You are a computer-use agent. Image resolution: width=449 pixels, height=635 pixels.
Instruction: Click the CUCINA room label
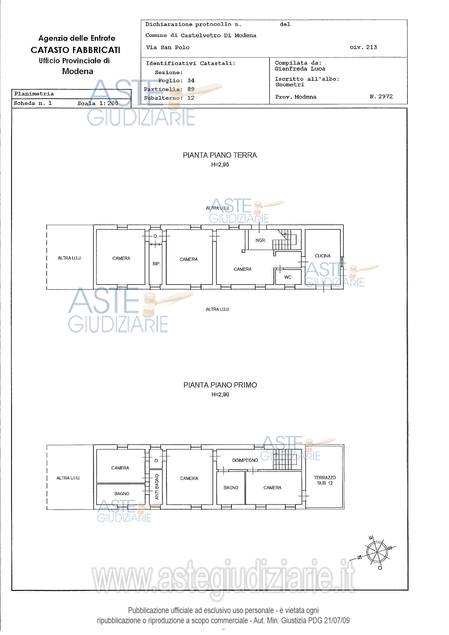coord(322,256)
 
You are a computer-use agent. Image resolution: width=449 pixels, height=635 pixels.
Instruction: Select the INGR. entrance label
coord(260,240)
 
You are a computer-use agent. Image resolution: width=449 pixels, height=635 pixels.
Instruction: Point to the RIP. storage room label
coord(156,264)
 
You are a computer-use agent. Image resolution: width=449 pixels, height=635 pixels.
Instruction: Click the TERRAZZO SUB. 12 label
coord(325,480)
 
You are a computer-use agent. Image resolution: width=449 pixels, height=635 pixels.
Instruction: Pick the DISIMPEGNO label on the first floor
coord(245,460)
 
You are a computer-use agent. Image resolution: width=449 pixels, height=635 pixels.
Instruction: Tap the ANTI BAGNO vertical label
coord(157,486)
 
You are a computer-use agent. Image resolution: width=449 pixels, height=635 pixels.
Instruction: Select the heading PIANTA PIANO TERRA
coord(220,155)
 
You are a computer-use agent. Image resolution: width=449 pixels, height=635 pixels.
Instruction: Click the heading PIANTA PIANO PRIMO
coord(220,385)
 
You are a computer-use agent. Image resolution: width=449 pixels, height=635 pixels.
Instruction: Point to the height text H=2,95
coord(220,165)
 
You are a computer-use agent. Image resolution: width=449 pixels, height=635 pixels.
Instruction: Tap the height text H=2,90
coord(220,394)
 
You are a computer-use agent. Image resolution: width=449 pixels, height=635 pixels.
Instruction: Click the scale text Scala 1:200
coord(98,103)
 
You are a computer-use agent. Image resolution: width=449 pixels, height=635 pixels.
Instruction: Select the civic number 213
coord(372,47)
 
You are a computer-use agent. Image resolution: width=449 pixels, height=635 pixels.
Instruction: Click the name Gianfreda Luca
coord(300,69)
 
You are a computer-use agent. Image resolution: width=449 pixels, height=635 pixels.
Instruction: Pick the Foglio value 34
coord(191,80)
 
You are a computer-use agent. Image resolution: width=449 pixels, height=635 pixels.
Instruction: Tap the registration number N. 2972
coord(381,96)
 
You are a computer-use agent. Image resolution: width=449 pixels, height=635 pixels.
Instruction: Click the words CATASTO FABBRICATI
coord(75,50)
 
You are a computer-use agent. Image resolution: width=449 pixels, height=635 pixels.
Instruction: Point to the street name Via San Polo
coord(168,47)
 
